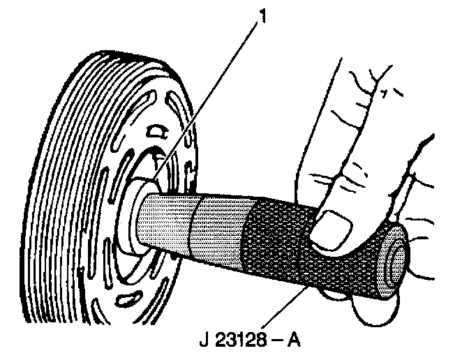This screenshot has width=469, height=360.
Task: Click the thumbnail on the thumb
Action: pyautogui.click(x=334, y=231)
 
